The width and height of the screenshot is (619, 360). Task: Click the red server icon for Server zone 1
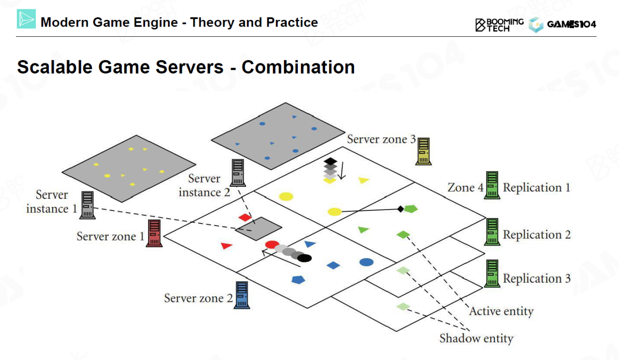click(x=154, y=233)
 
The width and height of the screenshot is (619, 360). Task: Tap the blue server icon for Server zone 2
click(x=242, y=295)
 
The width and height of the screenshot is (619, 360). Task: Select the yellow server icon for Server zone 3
click(x=424, y=150)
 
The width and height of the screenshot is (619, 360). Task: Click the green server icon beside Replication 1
click(x=492, y=185)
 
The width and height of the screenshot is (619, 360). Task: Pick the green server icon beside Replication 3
click(x=492, y=273)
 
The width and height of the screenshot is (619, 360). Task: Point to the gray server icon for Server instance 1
click(x=88, y=205)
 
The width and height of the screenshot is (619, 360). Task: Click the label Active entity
click(x=501, y=311)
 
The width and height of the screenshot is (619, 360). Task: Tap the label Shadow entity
click(x=476, y=338)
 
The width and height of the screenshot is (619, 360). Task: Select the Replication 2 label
click(x=537, y=235)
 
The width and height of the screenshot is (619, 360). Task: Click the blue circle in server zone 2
click(x=367, y=262)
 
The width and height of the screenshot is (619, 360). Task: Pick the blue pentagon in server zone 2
click(x=298, y=279)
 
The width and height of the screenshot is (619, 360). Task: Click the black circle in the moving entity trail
click(x=305, y=258)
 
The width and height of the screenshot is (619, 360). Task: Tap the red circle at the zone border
click(x=272, y=245)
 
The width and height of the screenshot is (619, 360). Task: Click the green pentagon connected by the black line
click(x=411, y=209)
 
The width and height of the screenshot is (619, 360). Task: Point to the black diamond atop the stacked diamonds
click(x=330, y=161)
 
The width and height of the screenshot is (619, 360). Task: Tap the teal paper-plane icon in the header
click(x=27, y=19)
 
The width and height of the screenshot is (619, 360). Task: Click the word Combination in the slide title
click(x=298, y=67)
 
